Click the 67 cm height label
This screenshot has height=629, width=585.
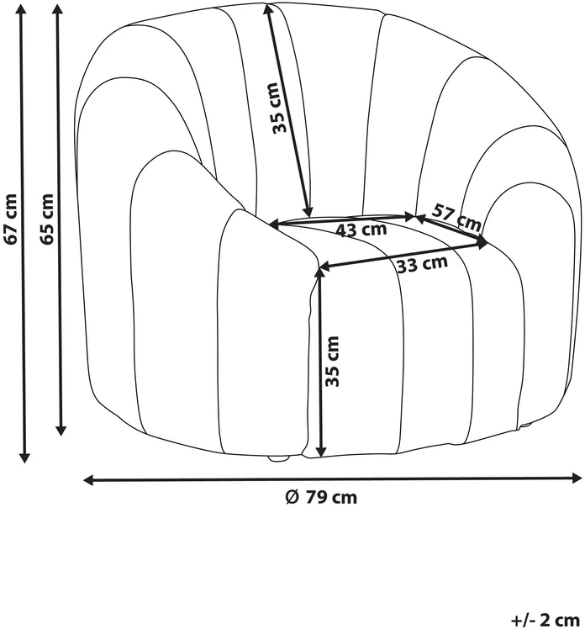coord(10,219)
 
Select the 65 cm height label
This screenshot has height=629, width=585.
coord(46,219)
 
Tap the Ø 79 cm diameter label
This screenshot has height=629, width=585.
coord(321,497)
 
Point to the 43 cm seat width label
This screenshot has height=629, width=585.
coord(361,230)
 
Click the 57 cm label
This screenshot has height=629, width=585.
coord(456,218)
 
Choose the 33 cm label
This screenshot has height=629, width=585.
coord(422,264)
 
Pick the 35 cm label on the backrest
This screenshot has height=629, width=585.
coord(280,108)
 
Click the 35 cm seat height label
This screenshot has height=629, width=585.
coord(332,362)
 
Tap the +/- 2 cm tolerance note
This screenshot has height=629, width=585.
coord(545,619)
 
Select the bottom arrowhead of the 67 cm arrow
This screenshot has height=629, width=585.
coord(24,457)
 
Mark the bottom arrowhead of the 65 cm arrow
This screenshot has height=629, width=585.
coord(61,430)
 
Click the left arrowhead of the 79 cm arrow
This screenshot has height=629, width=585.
coord(88,480)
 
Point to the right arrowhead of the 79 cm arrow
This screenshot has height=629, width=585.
coord(577,478)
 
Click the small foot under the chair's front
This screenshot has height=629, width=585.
coord(279,458)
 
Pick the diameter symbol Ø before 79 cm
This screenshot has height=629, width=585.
coord(292,497)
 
